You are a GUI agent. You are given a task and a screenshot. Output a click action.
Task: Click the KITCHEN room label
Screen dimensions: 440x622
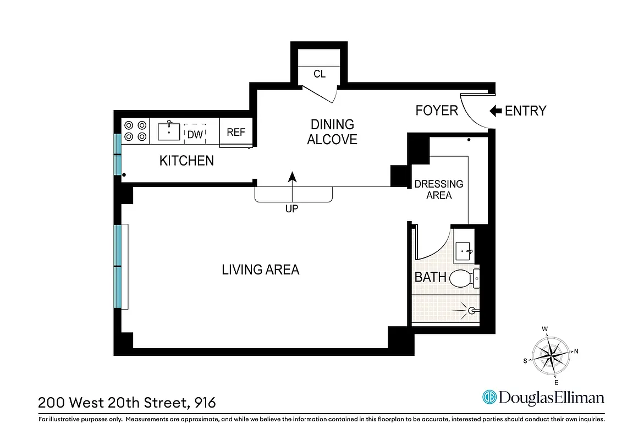[x=186, y=161]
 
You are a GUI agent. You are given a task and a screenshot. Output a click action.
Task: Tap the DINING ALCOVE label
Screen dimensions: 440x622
[x=332, y=132]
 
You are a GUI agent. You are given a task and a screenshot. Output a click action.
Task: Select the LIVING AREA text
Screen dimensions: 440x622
[x=260, y=269]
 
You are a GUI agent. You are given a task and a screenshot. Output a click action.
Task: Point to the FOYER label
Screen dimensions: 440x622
[x=437, y=111]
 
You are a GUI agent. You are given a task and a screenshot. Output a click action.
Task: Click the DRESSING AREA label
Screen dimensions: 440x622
[x=438, y=189]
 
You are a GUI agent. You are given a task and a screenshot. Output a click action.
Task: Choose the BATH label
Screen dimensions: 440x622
[x=430, y=277]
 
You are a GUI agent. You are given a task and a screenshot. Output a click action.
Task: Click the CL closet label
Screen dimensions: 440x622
[x=320, y=74]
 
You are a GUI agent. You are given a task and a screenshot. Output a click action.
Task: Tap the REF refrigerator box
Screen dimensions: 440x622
[x=236, y=133]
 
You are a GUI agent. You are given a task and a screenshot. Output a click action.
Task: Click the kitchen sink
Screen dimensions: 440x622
[x=169, y=131]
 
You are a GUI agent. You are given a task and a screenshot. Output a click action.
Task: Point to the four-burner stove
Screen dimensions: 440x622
[x=135, y=131]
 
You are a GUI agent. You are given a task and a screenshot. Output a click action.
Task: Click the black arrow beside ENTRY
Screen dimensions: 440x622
[x=496, y=111]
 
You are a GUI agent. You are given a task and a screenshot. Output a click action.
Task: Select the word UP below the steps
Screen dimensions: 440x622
[x=291, y=209]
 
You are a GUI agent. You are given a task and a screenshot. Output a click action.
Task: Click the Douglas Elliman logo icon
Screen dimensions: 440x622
[x=489, y=397]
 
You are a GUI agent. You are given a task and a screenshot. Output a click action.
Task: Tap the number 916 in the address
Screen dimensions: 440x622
[x=205, y=403]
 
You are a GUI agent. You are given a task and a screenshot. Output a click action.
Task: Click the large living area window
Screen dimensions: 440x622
[x=118, y=267]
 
